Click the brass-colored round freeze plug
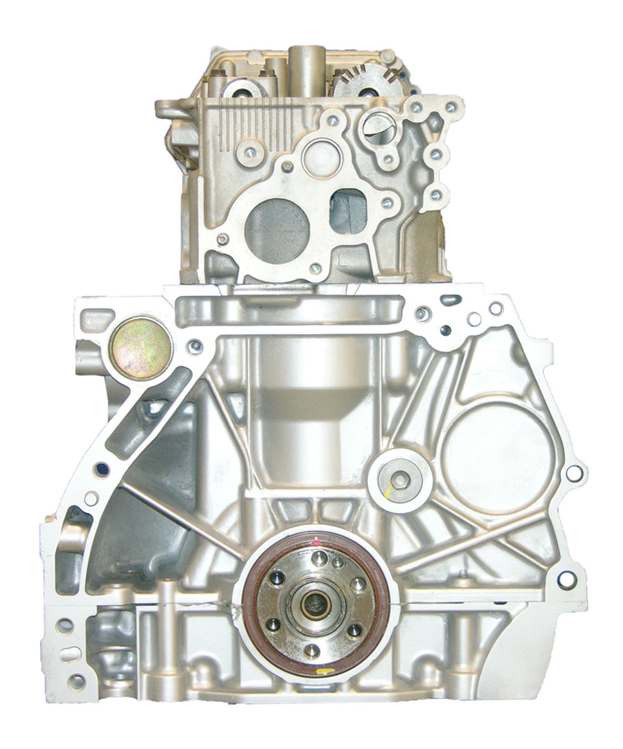pos(141,348)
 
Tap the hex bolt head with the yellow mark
pos(400,478)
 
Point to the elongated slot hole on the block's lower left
pos(69,654)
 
